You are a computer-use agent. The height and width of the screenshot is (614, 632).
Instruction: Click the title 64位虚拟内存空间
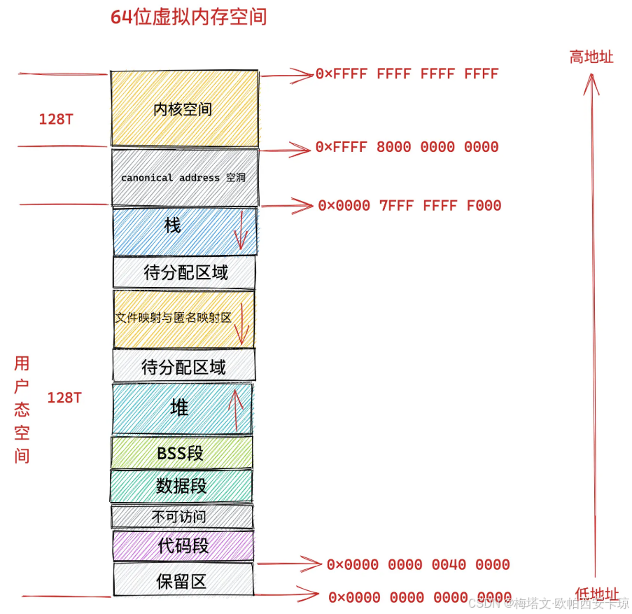click(189, 18)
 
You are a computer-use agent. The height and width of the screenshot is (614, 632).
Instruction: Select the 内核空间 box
click(183, 109)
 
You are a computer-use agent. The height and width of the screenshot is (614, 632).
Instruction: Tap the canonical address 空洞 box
click(183, 178)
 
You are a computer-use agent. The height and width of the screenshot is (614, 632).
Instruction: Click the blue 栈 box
click(173, 226)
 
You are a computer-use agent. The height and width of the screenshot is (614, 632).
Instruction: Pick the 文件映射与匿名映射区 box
click(174, 318)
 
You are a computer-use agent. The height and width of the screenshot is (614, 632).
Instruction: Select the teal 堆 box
click(180, 408)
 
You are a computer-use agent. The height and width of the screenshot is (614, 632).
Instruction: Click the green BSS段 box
click(181, 453)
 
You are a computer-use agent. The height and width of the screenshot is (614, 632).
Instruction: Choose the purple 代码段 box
click(183, 545)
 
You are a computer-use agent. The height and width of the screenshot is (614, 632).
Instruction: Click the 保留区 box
click(181, 581)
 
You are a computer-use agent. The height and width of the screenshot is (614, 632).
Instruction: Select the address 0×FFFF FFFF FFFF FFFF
click(407, 74)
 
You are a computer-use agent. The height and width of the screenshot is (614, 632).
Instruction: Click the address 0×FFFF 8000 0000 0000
click(407, 147)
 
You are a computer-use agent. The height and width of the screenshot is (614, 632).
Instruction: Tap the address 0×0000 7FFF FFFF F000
click(409, 206)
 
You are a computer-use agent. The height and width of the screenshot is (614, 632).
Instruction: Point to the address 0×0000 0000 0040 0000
click(418, 565)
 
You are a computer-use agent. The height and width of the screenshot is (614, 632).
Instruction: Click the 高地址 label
click(591, 57)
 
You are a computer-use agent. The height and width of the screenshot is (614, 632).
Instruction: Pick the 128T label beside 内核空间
click(56, 120)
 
